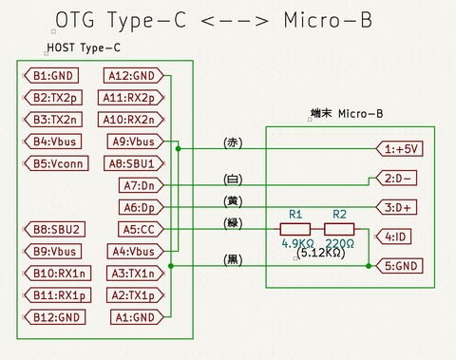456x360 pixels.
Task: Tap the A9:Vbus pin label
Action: [134, 142]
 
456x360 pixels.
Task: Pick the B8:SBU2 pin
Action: [54, 229]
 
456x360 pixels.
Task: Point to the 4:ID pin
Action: [397, 236]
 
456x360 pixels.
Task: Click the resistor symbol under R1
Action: [294, 229]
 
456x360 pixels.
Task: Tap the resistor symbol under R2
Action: [339, 229]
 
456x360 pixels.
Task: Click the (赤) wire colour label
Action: [233, 142]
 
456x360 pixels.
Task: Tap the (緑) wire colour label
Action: [233, 223]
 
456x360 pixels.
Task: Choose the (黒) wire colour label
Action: [233, 258]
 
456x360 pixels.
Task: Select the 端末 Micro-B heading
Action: [347, 113]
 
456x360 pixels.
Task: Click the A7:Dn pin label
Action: [141, 185]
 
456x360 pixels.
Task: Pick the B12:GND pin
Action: [54, 316]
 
